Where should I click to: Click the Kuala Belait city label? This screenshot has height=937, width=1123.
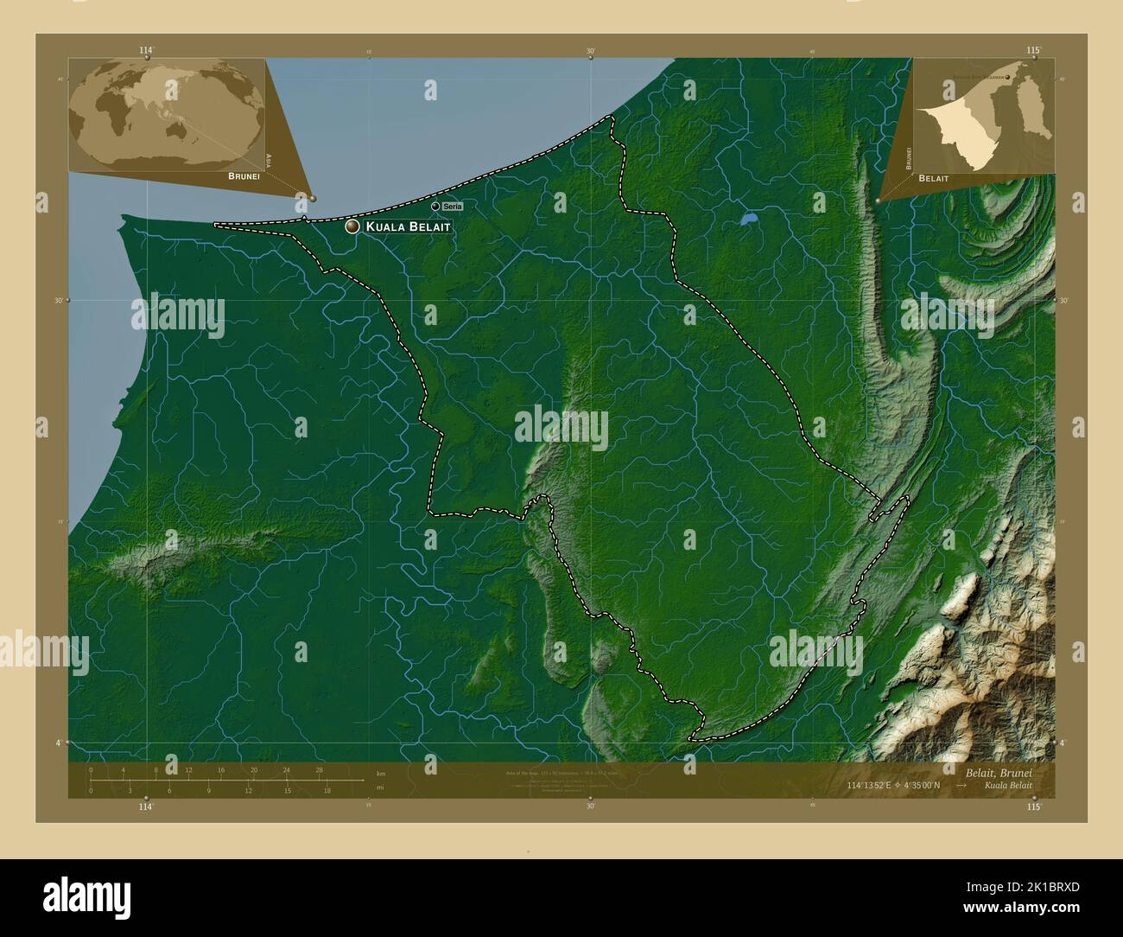pyautogui.click(x=408, y=226)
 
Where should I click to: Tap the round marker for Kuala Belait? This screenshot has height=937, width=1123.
pyautogui.click(x=352, y=226)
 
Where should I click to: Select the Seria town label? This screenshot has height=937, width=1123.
pyautogui.click(x=453, y=207)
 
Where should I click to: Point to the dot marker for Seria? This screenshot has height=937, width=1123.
pyautogui.click(x=435, y=207)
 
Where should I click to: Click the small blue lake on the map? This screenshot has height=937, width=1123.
pyautogui.click(x=748, y=220)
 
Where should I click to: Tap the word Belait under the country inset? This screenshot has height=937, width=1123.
pyautogui.click(x=934, y=177)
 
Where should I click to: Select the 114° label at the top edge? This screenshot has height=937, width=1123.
pyautogui.click(x=145, y=51)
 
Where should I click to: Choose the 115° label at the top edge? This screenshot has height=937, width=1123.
pyautogui.click(x=1034, y=51)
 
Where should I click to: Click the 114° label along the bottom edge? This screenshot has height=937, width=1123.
pyautogui.click(x=145, y=806)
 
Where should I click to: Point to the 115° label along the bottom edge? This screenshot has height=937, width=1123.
pyautogui.click(x=1034, y=806)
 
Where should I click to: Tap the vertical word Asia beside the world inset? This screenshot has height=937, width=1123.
pyautogui.click(x=270, y=160)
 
